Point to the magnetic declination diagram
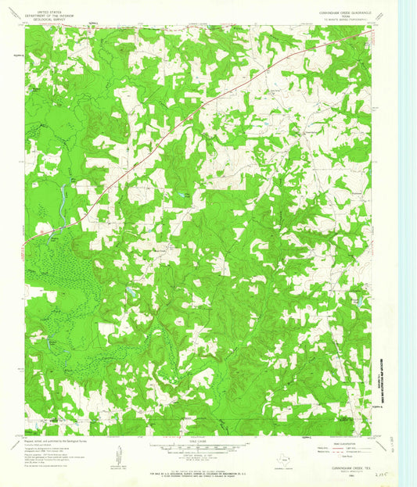click(117, 453)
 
